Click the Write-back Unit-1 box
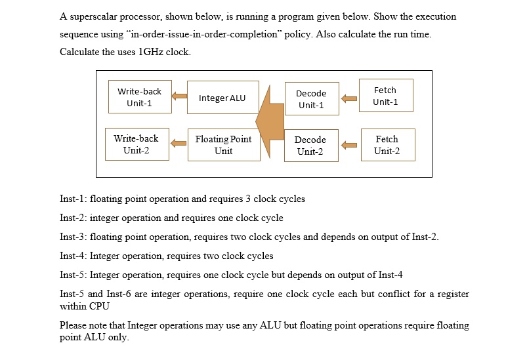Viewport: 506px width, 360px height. pos(138,98)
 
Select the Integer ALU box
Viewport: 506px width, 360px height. pos(222,98)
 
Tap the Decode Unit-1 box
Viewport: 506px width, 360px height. pos(311,99)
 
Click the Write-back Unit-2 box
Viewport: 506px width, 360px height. pos(137,144)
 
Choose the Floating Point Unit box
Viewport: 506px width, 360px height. pos(223,145)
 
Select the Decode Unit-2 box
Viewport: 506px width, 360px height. pos(310,146)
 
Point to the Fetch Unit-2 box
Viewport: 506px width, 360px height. pos(387,145)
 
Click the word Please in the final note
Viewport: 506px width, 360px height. pos(73,325)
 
